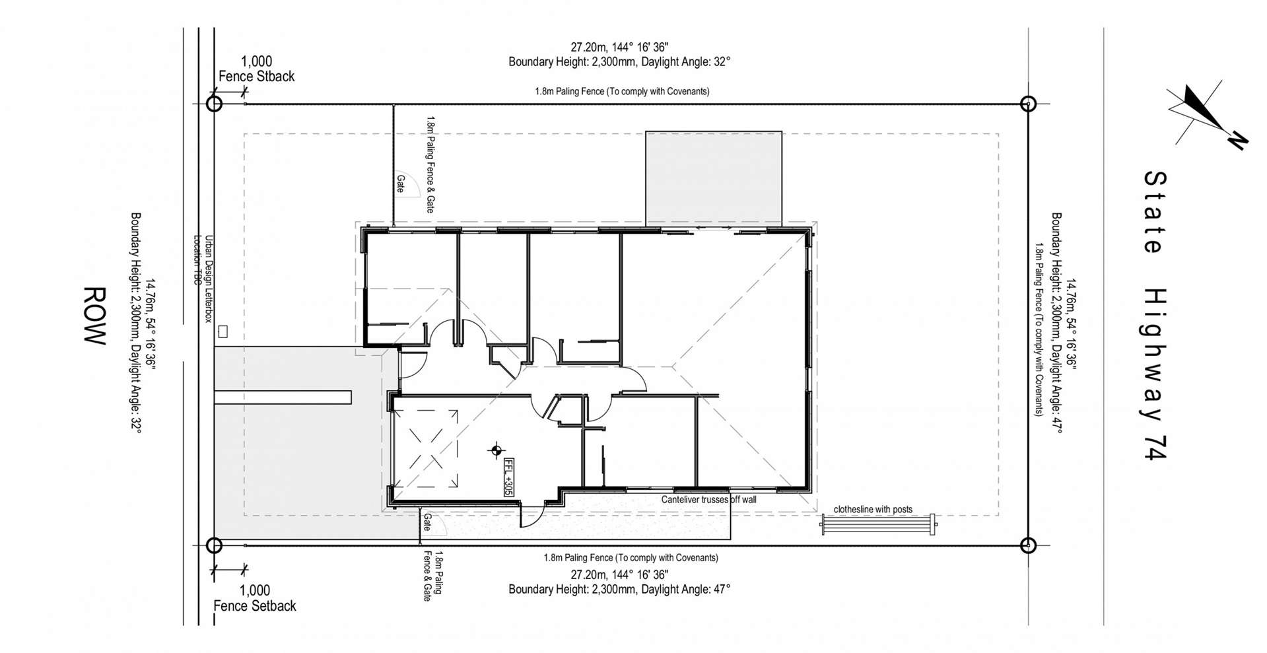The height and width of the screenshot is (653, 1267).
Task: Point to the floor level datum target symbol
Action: (495, 452)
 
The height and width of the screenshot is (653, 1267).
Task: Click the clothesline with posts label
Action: (873, 509)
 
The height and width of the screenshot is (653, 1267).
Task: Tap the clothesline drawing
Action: (878, 525)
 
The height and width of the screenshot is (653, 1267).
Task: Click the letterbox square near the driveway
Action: (223, 331)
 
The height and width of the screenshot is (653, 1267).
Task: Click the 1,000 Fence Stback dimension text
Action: (256, 69)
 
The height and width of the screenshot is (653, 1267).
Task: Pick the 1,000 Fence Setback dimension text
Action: (255, 598)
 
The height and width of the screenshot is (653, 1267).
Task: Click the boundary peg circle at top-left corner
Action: (214, 104)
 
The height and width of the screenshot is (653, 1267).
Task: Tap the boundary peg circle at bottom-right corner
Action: (1027, 545)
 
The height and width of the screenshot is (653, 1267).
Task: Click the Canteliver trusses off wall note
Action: (708, 500)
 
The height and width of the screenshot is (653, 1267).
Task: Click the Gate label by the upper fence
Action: (400, 184)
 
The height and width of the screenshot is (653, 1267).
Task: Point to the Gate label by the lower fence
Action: (427, 522)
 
